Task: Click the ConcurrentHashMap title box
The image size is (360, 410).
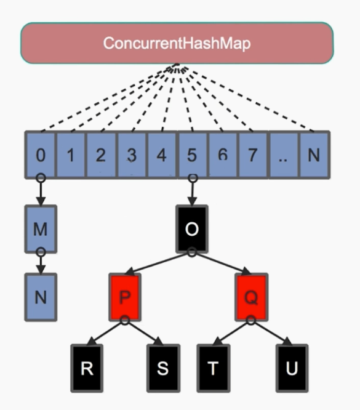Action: pos(177,44)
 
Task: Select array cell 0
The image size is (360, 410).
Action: pos(41,155)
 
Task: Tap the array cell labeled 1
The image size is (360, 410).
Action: pos(71,155)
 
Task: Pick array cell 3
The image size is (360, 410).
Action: pos(132,155)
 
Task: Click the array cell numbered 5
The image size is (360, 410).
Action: pos(192,155)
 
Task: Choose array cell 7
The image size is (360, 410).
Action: pos(253,155)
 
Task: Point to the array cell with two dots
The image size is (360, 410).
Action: pos(283,155)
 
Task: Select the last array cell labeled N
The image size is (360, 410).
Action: pos(314,155)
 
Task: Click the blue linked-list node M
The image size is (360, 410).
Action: pos(41,230)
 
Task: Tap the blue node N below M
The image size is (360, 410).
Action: pos(41,297)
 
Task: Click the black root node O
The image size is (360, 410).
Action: pos(192,230)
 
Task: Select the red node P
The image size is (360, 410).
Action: pos(125,297)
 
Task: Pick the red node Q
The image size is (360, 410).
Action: pos(250,297)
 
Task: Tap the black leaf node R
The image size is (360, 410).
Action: pos(87,368)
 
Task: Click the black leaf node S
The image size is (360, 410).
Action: pos(162,368)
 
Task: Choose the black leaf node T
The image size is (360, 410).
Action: pos(213,368)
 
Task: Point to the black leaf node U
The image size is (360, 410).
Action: pos(292,368)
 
